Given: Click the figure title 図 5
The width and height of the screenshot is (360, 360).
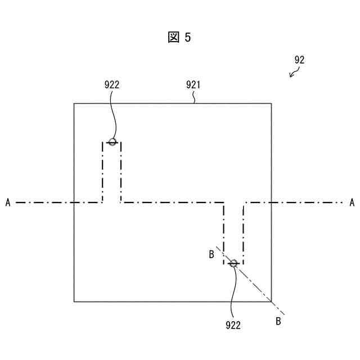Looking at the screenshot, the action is (180, 38).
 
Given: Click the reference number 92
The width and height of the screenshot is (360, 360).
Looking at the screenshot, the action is (299, 60).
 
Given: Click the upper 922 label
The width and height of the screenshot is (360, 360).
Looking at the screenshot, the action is (112, 85).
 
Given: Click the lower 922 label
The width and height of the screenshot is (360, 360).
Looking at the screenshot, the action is (233, 325).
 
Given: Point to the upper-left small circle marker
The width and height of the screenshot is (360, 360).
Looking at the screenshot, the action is (112, 142).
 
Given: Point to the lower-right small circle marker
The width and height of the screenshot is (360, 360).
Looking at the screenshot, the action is (233, 263).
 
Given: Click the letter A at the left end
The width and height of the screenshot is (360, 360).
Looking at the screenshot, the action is (8, 202).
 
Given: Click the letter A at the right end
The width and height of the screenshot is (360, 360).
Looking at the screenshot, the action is (352, 202).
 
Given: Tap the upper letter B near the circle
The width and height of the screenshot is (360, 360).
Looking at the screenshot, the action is (211, 255).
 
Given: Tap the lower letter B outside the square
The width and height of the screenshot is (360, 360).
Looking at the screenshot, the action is (278, 321).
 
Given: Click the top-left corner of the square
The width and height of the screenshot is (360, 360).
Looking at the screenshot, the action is (74, 103).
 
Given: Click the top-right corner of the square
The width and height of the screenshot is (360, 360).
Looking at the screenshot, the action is (271, 103).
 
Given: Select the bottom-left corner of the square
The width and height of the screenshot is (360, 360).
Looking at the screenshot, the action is (74, 301).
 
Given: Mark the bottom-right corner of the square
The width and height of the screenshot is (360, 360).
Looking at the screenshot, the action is (271, 301).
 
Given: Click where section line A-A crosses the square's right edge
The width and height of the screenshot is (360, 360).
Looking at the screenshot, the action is (271, 202).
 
